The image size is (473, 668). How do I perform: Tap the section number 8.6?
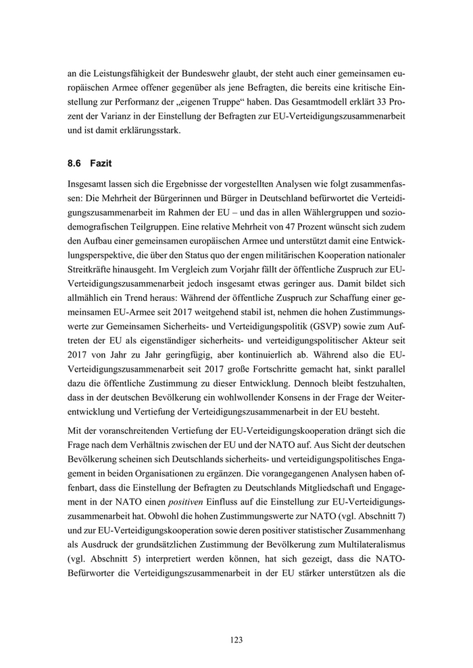75,163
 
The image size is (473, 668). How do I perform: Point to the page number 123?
236,640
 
